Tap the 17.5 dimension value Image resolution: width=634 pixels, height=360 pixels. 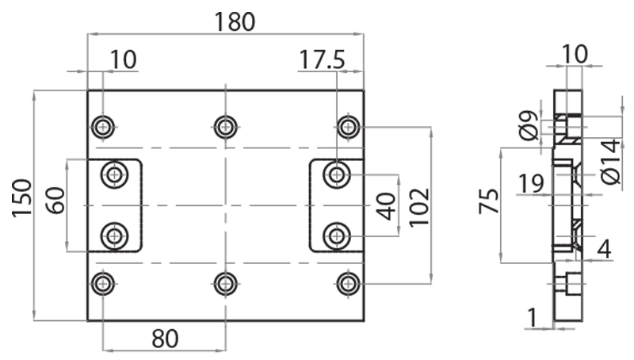click(x=323, y=59)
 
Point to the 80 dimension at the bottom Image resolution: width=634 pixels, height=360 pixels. click(x=165, y=339)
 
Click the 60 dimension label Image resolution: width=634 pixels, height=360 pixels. click(x=55, y=199)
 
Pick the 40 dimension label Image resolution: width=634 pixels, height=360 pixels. click(x=386, y=205)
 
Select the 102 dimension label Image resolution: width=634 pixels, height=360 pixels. click(x=419, y=207)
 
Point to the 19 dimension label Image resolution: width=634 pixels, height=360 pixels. click(x=531, y=185)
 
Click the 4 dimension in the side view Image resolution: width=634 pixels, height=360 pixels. click(x=604, y=249)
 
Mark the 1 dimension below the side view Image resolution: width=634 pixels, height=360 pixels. click(x=533, y=317)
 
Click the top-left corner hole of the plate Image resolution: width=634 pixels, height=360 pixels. click(x=103, y=126)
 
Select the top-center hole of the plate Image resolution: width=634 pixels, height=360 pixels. click(x=226, y=126)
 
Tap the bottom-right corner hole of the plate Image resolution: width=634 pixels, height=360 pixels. click(x=348, y=283)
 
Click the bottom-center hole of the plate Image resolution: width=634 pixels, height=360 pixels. click(x=226, y=283)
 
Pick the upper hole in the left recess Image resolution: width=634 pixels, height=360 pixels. click(x=116, y=174)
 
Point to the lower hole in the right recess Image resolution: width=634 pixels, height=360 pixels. click(x=337, y=235)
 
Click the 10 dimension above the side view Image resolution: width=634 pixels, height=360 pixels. click(x=575, y=54)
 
